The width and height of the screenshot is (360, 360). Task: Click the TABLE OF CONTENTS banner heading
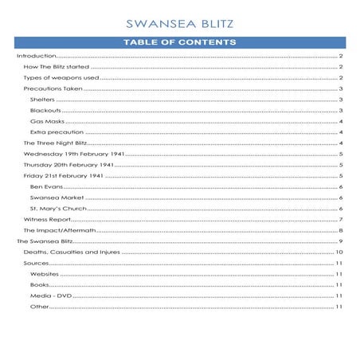(x=179, y=42)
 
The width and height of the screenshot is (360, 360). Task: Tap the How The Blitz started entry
(x=56, y=68)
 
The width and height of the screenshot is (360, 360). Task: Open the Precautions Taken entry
(x=53, y=89)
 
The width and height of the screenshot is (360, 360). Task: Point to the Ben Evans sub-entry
(x=45, y=186)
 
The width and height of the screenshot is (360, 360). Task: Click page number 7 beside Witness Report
(x=340, y=218)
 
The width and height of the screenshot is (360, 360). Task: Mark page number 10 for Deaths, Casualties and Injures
(x=338, y=252)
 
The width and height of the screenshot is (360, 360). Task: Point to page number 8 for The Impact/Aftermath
(x=340, y=229)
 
